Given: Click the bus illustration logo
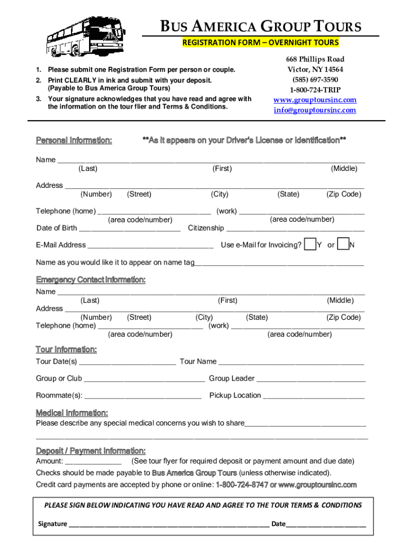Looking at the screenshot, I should pyautogui.click(x=85, y=35).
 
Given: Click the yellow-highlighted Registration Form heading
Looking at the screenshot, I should pyautogui.click(x=260, y=42).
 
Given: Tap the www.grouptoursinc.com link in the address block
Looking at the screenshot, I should pyautogui.click(x=315, y=100).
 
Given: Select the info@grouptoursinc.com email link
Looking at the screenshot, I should pyautogui.click(x=315, y=110).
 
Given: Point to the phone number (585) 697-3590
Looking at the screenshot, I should pyautogui.click(x=315, y=80).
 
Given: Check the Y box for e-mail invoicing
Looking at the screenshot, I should pyautogui.click(x=309, y=245).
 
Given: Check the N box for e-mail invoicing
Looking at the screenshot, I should pyautogui.click(x=343, y=245).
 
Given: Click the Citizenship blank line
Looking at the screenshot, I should pyautogui.click(x=295, y=229).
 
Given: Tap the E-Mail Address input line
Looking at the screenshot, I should pyautogui.click(x=150, y=246).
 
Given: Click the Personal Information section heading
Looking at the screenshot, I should pyautogui.click(x=74, y=140).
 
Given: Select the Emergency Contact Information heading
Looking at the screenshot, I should pyautogui.click(x=91, y=279).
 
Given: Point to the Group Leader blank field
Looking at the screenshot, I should pyautogui.click(x=311, y=379).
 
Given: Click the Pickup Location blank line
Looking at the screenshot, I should pyautogui.click(x=314, y=396).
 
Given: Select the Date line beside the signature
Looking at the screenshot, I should pyautogui.click(x=326, y=524).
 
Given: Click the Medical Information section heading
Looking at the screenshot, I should pyautogui.click(x=72, y=413).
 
